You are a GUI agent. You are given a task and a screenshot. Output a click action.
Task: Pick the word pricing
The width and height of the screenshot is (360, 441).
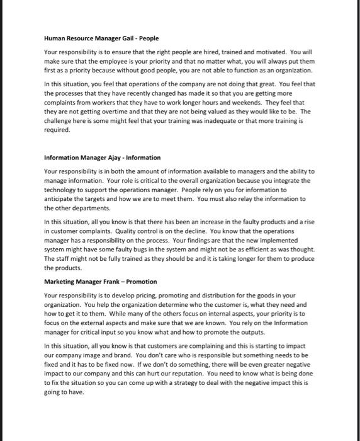point(157,294)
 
